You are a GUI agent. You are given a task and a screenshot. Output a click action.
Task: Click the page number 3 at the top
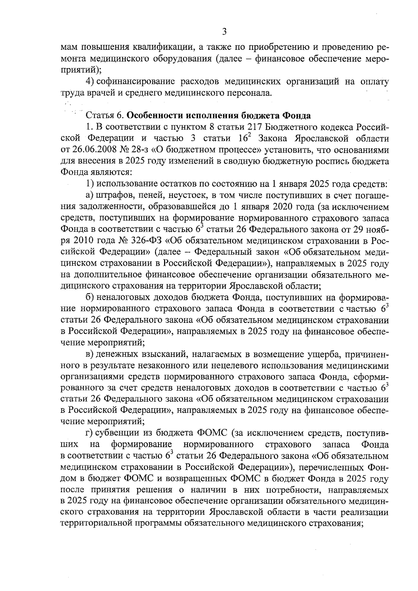[x=224, y=32]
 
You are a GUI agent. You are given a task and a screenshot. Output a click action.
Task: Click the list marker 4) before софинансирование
[x=90, y=81]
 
